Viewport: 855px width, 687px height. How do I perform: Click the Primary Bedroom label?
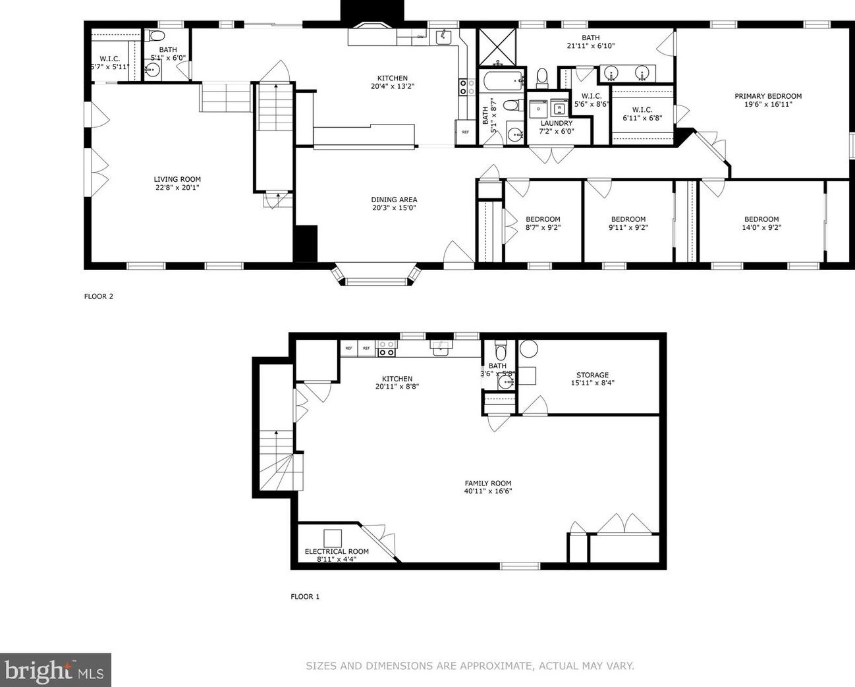(x=768, y=96)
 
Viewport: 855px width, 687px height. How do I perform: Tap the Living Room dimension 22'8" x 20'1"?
(x=177, y=188)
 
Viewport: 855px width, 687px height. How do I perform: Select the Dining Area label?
(x=394, y=200)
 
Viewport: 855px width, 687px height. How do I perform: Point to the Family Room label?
(x=487, y=483)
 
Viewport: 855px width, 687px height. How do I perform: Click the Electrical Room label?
(x=337, y=551)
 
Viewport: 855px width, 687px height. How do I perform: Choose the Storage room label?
(x=592, y=375)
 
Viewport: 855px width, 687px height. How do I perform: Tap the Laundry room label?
(x=557, y=123)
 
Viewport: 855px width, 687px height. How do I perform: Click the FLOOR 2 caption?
(x=99, y=296)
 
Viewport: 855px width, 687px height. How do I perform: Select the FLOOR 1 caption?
(x=305, y=597)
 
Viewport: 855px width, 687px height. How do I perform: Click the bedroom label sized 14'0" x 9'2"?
(x=761, y=219)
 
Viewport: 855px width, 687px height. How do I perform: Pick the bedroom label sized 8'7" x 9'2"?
(x=543, y=219)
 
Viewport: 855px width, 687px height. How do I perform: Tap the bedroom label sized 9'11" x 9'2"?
(x=628, y=219)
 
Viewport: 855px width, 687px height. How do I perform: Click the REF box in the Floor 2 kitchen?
(x=465, y=132)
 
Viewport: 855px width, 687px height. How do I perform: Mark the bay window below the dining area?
(x=377, y=275)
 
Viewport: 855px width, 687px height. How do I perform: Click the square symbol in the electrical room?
(x=333, y=537)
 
